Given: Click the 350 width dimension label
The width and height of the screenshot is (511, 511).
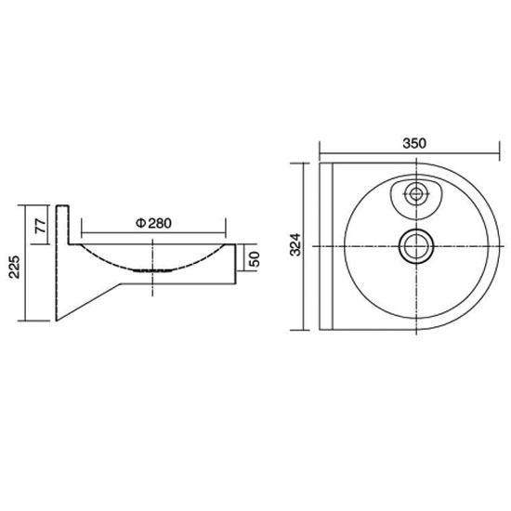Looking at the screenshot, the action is [x=414, y=143].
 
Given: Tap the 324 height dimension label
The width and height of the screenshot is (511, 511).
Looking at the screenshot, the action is [x=295, y=244].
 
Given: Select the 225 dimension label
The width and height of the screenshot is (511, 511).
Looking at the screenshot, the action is [x=14, y=267].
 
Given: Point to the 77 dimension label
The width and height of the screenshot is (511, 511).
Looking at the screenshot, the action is [x=41, y=226].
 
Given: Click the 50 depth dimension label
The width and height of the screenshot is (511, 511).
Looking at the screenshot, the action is [x=255, y=259].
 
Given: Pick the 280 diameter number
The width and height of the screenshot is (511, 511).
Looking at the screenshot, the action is [x=160, y=223].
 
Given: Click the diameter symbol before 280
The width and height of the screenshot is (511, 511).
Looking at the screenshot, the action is [x=140, y=223].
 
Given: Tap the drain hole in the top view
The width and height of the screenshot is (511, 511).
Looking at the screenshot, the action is [x=416, y=246].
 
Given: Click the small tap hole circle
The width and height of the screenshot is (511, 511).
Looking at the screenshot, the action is [x=416, y=194].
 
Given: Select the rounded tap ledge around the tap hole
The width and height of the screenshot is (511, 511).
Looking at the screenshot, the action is [x=416, y=200].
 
